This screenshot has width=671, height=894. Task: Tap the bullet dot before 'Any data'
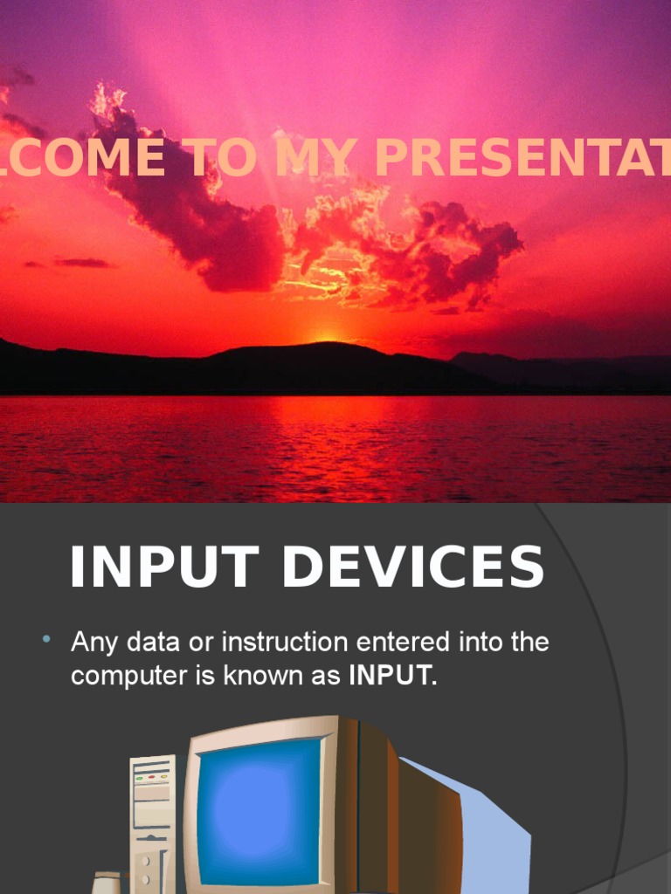click(46, 642)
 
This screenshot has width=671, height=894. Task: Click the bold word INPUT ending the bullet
click(390, 676)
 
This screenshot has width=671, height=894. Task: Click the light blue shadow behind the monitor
click(498, 838)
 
